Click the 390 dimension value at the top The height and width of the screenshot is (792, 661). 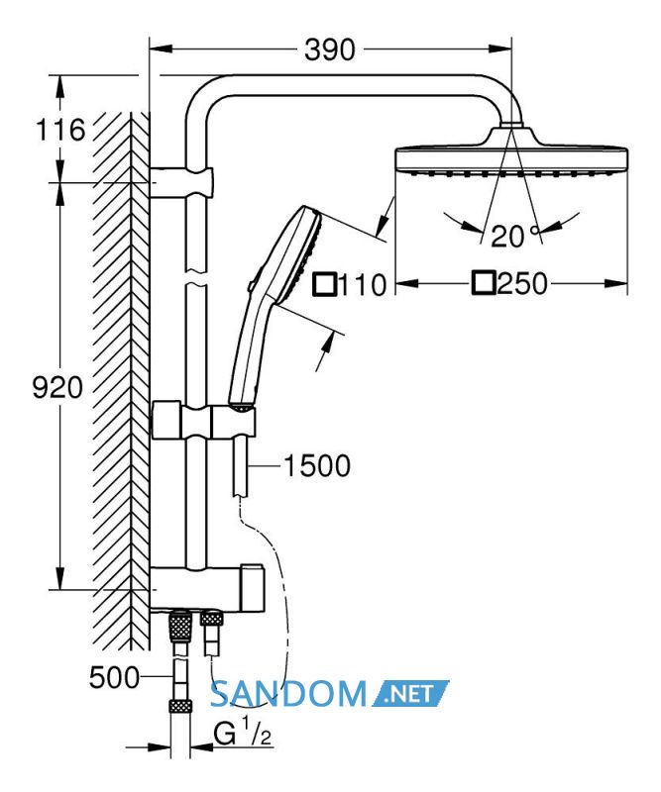tap(330, 49)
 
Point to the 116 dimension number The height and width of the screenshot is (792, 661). tap(60, 130)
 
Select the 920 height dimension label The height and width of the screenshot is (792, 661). tap(57, 388)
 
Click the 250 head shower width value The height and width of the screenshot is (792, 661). tap(522, 283)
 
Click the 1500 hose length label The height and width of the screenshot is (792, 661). tap(317, 465)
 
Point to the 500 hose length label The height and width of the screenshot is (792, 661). tap(114, 677)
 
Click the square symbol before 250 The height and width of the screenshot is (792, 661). tap(483, 283)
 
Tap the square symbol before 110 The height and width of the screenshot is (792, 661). tap(325, 284)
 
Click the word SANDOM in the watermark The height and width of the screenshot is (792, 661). tap(288, 694)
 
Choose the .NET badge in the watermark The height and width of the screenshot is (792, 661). tap(410, 693)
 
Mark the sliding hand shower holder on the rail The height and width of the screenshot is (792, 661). tap(204, 421)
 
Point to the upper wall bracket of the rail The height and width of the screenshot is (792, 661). tap(182, 181)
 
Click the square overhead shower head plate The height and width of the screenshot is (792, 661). tap(511, 160)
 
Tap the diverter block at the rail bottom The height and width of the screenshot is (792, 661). tap(207, 587)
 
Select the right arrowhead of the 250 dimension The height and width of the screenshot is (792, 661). tap(616, 283)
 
